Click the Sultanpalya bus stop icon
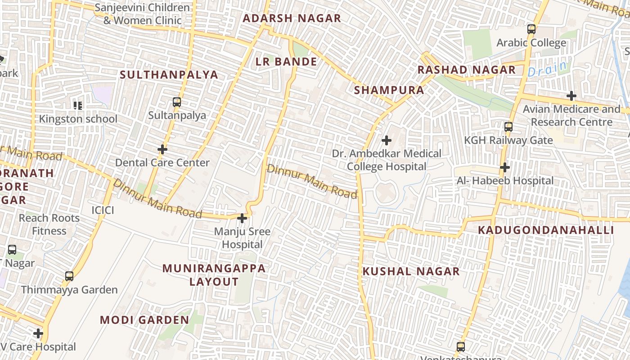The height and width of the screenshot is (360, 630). [177, 102]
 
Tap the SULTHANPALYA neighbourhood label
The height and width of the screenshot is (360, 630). [169, 75]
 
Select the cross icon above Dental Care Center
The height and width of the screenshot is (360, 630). [162, 149]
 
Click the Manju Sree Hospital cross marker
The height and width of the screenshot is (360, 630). [242, 218]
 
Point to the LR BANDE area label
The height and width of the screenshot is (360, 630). [287, 62]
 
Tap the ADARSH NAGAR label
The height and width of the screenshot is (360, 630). [292, 18]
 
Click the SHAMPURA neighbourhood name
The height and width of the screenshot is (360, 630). [389, 90]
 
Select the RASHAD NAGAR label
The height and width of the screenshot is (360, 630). [467, 70]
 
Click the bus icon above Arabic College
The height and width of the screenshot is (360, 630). [531, 29]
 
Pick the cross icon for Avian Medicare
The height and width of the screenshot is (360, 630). [571, 95]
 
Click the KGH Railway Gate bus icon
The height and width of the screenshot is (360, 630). [508, 127]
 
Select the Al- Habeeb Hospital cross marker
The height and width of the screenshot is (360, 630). [505, 167]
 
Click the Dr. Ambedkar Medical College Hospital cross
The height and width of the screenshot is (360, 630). [386, 140]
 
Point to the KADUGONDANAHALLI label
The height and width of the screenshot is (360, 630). [546, 230]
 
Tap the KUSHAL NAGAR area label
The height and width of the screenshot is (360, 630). [411, 271]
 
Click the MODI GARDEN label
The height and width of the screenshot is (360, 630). [144, 320]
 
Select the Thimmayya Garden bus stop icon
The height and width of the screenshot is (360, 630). [69, 276]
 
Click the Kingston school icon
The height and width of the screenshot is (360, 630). [78, 106]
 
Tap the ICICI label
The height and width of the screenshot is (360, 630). [103, 210]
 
